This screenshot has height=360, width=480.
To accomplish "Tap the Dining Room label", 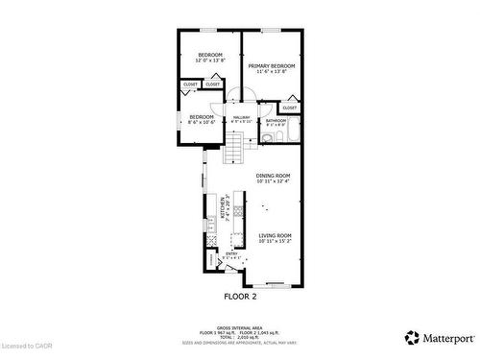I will (273, 176).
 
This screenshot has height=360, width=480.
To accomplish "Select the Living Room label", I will (275, 235).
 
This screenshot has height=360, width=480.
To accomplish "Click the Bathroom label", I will (276, 121).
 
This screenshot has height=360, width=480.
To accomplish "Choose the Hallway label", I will (241, 117).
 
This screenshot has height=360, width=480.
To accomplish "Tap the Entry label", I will (231, 253).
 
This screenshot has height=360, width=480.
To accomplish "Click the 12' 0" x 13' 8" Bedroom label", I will (210, 55).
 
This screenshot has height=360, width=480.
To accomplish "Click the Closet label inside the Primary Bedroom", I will (289, 108).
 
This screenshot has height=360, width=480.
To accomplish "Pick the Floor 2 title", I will (241, 297).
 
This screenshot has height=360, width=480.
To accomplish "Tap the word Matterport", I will (446, 338).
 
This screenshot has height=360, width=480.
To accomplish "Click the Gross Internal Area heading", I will (241, 325).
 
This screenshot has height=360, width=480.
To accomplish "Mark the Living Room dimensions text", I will (275, 241).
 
